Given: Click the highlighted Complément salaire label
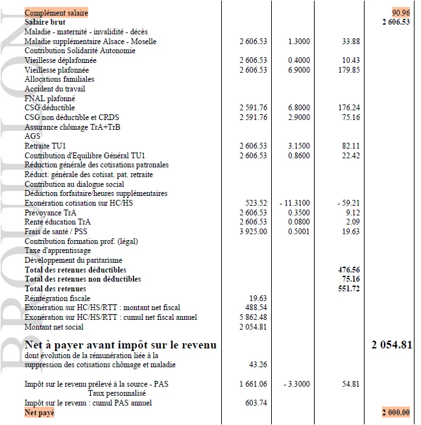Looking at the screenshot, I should [x=56, y=12].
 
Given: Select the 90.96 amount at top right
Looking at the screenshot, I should [x=400, y=12].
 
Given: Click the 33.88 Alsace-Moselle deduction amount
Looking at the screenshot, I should [x=350, y=42].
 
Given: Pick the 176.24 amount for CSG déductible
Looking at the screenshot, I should [x=349, y=108].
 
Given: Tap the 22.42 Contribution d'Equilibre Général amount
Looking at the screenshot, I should [x=350, y=156].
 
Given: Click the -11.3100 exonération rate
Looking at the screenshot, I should [x=295, y=203].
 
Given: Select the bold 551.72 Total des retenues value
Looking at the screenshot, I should [x=349, y=289].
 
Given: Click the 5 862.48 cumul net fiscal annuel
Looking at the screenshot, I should [x=253, y=317].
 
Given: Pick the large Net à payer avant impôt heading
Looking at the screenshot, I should [x=120, y=345].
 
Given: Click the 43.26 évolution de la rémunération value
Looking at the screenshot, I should [x=258, y=365].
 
